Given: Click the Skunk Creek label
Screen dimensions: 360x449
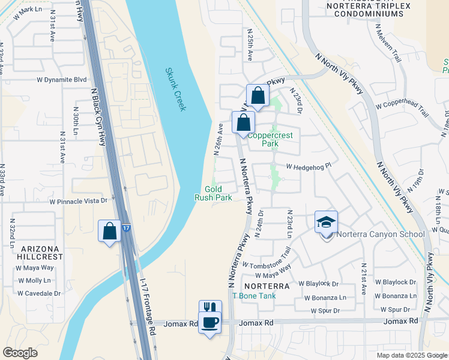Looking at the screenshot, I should (x=176, y=89).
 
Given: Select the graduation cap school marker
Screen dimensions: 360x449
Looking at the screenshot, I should (x=327, y=222).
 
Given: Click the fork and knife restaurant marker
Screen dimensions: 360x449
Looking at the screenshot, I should (x=209, y=308).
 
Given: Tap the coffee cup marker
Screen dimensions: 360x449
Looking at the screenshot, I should (x=209, y=322).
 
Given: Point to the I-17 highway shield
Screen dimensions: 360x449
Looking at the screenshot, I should (x=125, y=228).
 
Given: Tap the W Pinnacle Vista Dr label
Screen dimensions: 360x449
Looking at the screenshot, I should (x=78, y=202).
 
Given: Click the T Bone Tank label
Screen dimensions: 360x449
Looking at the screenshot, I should (x=253, y=296).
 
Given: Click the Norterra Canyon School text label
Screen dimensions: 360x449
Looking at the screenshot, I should (x=380, y=234).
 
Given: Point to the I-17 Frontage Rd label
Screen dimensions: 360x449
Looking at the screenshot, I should (x=148, y=310).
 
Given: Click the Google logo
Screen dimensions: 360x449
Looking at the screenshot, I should (x=20, y=353).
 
